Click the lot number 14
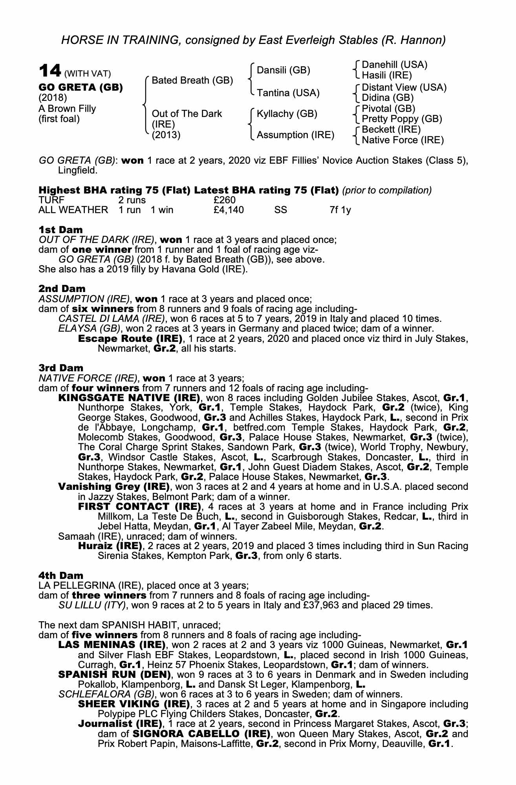[x=50, y=71]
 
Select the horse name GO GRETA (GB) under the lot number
[x=81, y=87]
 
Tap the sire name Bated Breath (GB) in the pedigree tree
[x=192, y=80]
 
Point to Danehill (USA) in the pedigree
[x=394, y=65]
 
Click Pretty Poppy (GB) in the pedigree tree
[x=402, y=119]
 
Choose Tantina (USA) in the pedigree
[x=288, y=93]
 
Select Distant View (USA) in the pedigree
[x=404, y=87]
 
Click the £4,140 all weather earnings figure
[x=229, y=210]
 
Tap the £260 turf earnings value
[x=222, y=200]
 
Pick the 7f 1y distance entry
[x=340, y=210]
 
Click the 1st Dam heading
[x=61, y=230]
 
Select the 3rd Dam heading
[x=61, y=368]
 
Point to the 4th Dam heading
[x=61, y=575]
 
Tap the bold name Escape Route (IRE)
[x=130, y=338]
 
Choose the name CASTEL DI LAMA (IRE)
[x=111, y=318]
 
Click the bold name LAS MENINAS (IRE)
[x=112, y=644]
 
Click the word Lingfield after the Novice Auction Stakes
[x=77, y=171]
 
